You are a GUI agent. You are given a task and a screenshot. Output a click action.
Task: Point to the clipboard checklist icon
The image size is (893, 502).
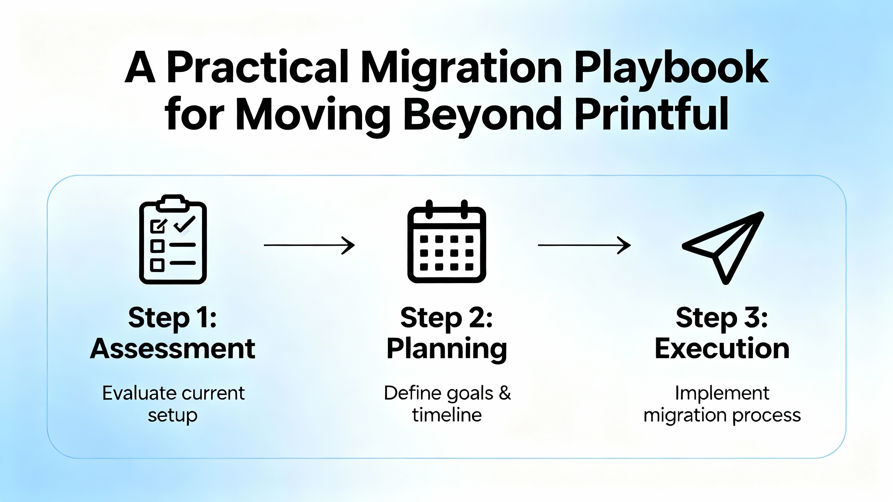coord(173,239)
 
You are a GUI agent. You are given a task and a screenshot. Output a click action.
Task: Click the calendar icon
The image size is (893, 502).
coord(447,241)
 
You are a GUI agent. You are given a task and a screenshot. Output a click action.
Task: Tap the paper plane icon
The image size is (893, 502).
coord(723,248)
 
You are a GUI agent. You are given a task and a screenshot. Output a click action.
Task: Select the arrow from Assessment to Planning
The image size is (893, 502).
coord(309,245)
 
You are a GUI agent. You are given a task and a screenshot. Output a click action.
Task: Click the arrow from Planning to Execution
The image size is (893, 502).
coord(584,245)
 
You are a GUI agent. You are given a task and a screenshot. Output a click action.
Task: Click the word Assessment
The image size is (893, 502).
coord(173,348)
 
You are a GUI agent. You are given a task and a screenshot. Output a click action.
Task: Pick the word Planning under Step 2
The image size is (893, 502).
coord(447,350)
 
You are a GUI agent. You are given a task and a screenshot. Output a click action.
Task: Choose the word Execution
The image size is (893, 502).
coord(722,348)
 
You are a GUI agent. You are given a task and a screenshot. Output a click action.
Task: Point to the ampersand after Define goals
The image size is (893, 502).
coord(505,393)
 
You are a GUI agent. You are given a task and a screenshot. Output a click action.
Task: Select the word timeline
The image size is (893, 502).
coord(447,415)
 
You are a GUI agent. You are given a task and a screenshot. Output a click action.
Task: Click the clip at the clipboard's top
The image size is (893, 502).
coord(173,203)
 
